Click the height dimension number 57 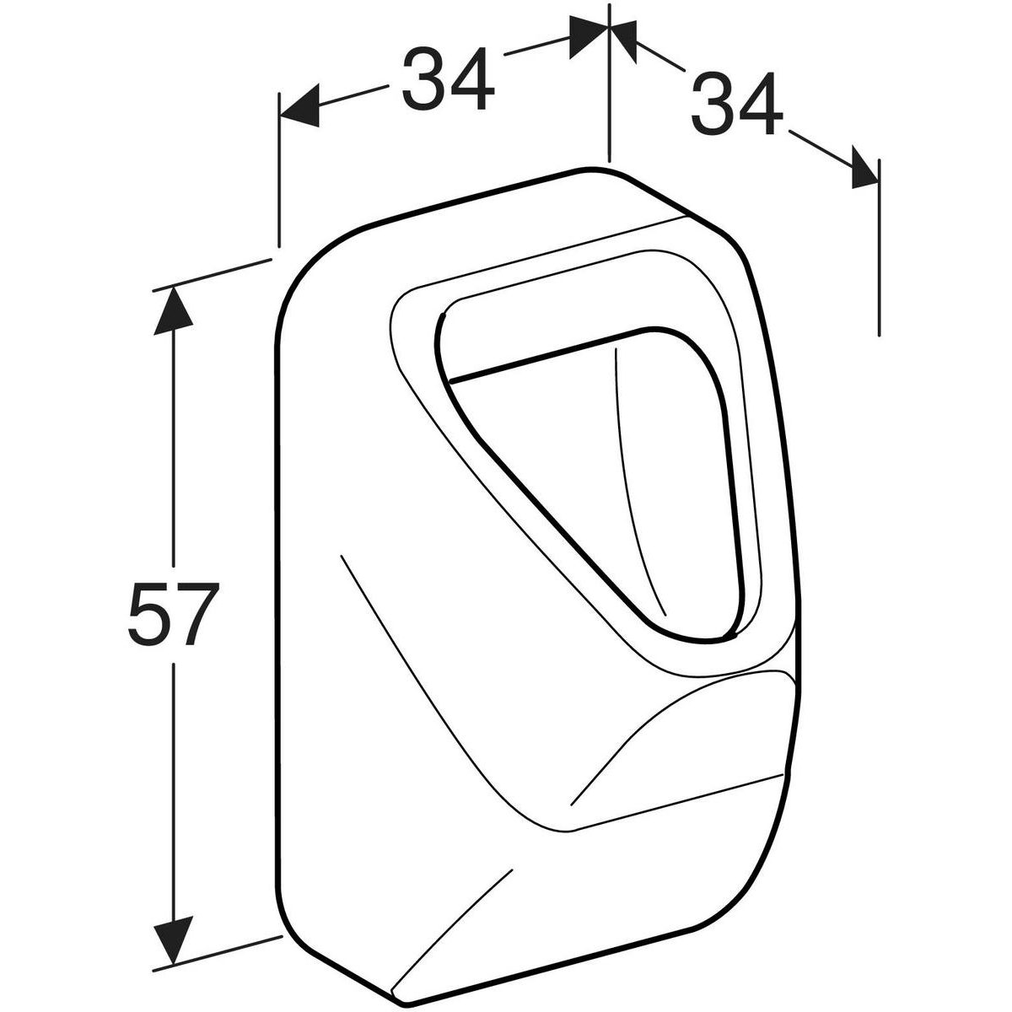click(173, 613)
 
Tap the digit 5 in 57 click(150, 613)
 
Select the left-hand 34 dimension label click(448, 79)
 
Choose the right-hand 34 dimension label click(737, 104)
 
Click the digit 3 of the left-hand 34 click(424, 79)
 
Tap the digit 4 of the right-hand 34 click(761, 104)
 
